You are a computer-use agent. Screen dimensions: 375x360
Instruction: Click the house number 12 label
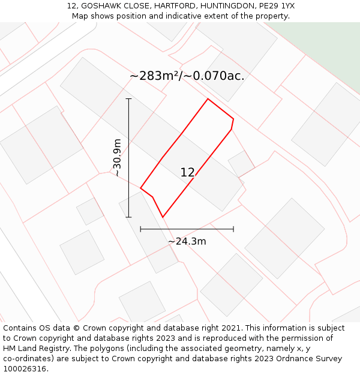click(x=187, y=173)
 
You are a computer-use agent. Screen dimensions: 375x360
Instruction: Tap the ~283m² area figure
click(x=154, y=76)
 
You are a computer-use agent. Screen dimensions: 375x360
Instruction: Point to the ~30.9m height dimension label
click(x=118, y=157)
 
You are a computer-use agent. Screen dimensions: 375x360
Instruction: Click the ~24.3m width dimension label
click(x=187, y=241)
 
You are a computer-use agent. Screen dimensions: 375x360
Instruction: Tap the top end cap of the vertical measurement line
click(x=128, y=99)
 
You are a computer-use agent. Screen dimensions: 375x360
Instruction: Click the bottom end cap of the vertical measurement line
click(x=128, y=217)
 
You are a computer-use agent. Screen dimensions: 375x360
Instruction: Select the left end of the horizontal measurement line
click(x=140, y=229)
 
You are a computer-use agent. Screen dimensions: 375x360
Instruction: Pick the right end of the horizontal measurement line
click(x=233, y=229)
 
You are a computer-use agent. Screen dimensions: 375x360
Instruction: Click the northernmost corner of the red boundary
click(x=208, y=99)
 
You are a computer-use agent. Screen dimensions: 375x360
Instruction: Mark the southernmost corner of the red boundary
click(x=163, y=217)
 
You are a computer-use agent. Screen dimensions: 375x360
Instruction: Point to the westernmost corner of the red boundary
click(x=140, y=188)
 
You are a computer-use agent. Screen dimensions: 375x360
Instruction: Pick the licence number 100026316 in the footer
click(x=25, y=369)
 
